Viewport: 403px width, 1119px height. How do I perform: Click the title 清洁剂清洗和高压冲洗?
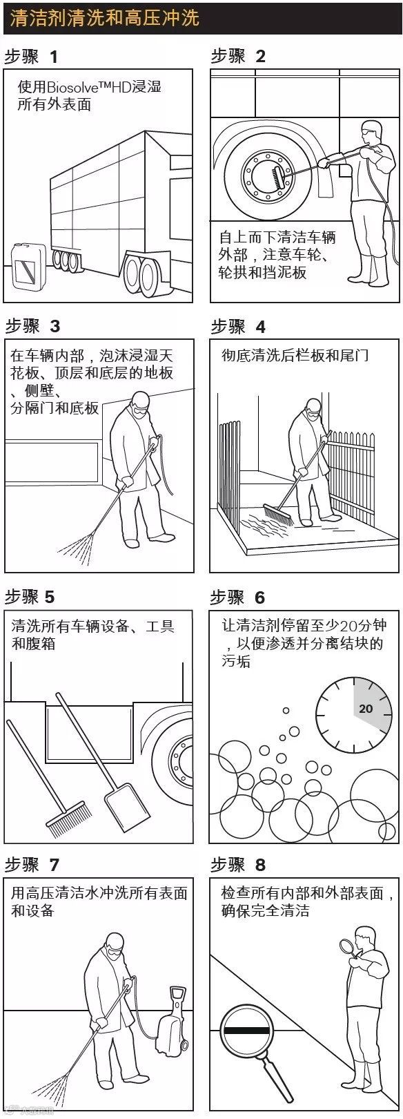105,17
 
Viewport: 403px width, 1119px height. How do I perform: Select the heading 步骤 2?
238,56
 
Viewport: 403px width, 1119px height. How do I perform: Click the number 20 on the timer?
366,709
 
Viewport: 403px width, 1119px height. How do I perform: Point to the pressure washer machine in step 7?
172,1022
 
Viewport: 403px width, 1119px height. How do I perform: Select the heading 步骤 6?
237,597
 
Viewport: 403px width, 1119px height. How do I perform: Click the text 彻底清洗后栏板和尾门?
295,355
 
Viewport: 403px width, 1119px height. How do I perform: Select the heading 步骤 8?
238,865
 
